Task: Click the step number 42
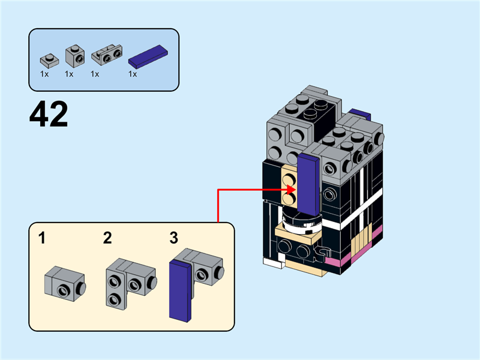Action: (49, 115)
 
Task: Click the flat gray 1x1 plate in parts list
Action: (49, 59)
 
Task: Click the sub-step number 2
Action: (107, 238)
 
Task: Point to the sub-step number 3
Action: (173, 238)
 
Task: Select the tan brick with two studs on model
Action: (289, 186)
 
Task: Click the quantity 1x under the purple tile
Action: (133, 74)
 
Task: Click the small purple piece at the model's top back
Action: (359, 113)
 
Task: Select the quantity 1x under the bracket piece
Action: (95, 74)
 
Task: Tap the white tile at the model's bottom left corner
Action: (271, 262)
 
